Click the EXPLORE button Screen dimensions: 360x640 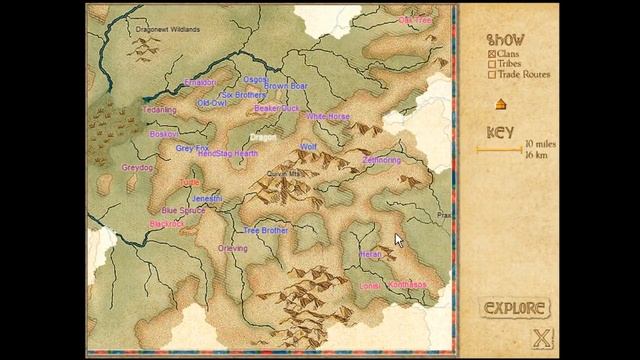pos(516,308)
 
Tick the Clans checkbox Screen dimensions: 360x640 pos(492,54)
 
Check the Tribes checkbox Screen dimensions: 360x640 pos(492,64)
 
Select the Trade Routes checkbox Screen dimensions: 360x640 pos(492,74)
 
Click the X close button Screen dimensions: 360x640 pos(542,338)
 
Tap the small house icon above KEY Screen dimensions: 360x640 pos(499,104)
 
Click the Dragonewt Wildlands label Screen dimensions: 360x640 pos(167,30)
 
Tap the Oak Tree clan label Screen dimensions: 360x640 pos(415,20)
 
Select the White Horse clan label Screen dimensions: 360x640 pos(328,117)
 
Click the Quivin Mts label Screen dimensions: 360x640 pos(283,173)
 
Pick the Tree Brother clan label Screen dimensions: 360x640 pos(266,230)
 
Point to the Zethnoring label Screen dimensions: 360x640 pos(381,160)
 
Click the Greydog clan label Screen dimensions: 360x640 pos(137,168)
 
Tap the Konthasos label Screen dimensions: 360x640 pos(406,285)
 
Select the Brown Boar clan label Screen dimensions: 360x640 pos(286,87)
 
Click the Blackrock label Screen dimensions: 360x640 pos(166,224)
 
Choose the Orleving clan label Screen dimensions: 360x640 pos(233,248)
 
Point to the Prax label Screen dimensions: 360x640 pos(445,214)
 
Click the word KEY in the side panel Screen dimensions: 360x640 pos(500,132)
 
